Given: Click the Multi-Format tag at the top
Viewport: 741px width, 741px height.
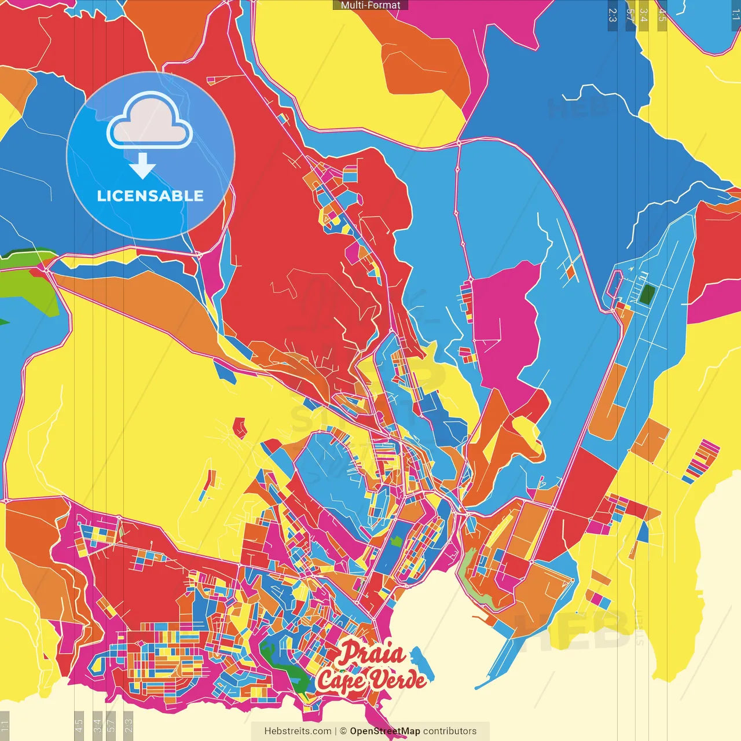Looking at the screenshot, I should pos(370,5).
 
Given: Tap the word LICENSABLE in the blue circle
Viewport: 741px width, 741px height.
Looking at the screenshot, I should pos(151,196).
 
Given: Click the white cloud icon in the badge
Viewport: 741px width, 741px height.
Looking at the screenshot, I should pos(150,122).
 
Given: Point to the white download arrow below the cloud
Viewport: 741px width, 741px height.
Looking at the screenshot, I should pos(142,166).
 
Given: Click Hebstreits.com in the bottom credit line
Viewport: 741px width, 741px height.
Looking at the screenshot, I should pos(298,731).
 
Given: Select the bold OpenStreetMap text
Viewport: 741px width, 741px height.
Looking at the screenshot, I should pos(385,731).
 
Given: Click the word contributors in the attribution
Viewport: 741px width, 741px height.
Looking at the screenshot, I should pos(450,731).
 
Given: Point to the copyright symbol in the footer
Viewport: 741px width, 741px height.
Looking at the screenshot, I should pos(343,731).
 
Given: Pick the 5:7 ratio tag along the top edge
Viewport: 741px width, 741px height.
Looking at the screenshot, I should pos(630,15).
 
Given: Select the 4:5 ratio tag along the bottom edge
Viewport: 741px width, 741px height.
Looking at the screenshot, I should pos(79,726).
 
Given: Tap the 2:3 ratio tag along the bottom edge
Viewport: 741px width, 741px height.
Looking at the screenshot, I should pos(129,726).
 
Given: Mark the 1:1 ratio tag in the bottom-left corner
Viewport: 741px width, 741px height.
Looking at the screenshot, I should pos(5,726).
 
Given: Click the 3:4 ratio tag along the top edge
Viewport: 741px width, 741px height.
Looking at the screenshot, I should pos(644,15).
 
